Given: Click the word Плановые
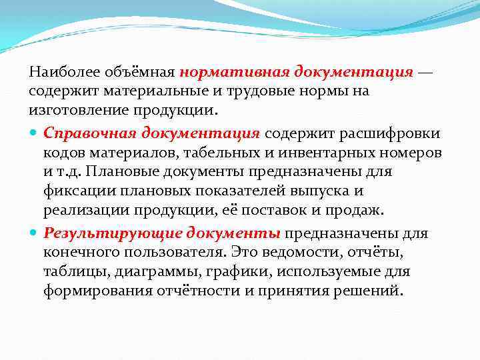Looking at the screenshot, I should (x=125, y=172).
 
